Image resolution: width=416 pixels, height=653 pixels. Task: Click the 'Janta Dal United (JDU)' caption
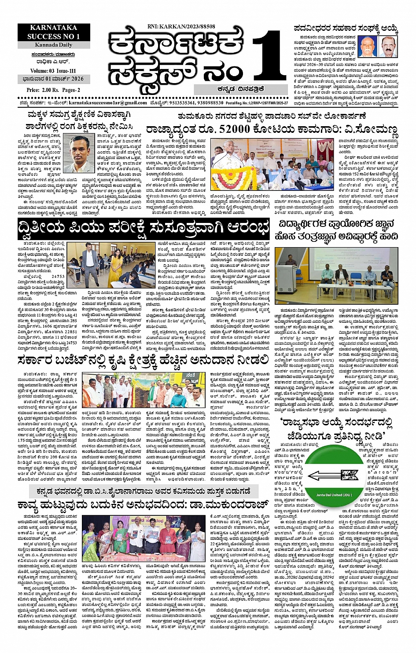pos(334,495)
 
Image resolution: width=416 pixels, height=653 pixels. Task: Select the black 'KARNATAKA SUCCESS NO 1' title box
pos(54,32)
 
